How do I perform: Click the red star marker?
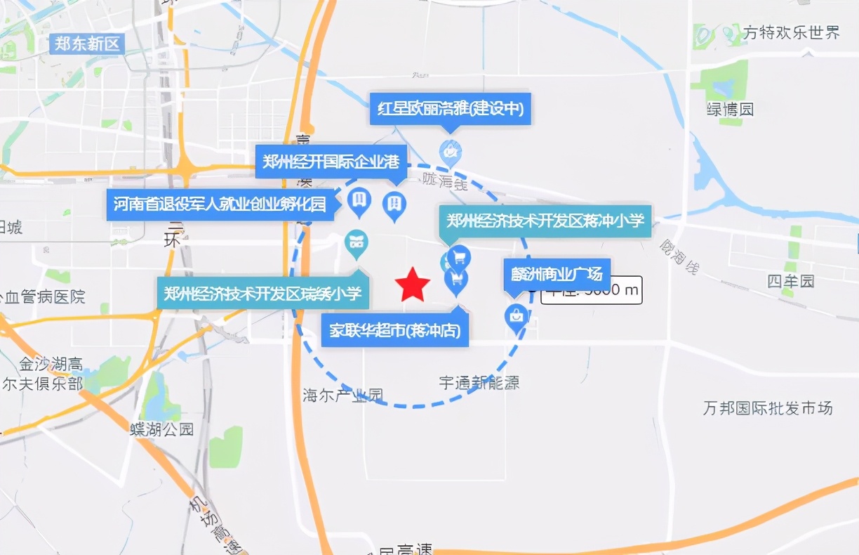(x=412, y=285)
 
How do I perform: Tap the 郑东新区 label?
(x=87, y=44)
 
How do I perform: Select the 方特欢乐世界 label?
(x=792, y=32)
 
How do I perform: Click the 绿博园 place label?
(x=730, y=110)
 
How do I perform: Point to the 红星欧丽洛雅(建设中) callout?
(x=450, y=109)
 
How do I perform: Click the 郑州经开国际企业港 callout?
(x=331, y=162)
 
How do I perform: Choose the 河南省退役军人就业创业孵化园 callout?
(x=220, y=204)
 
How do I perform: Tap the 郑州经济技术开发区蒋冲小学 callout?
(x=545, y=221)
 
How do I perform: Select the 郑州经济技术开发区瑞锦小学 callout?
(x=263, y=294)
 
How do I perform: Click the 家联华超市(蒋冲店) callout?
(x=395, y=330)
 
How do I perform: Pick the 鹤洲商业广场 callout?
(x=557, y=273)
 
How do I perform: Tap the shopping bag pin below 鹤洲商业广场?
(x=517, y=318)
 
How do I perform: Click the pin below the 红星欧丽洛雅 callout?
(x=450, y=152)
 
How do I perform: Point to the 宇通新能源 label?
(x=479, y=383)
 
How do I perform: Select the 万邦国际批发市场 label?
(x=768, y=407)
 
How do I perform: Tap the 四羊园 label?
(x=791, y=282)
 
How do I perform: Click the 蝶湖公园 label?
(x=161, y=429)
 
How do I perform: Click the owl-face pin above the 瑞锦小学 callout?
(x=357, y=243)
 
